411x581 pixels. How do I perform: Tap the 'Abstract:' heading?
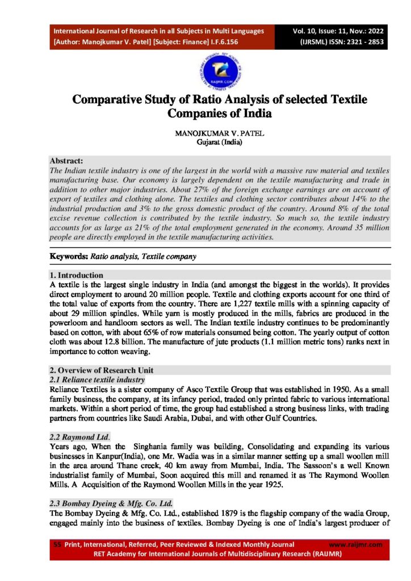(66, 161)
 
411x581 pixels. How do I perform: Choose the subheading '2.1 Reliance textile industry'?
(97, 379)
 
